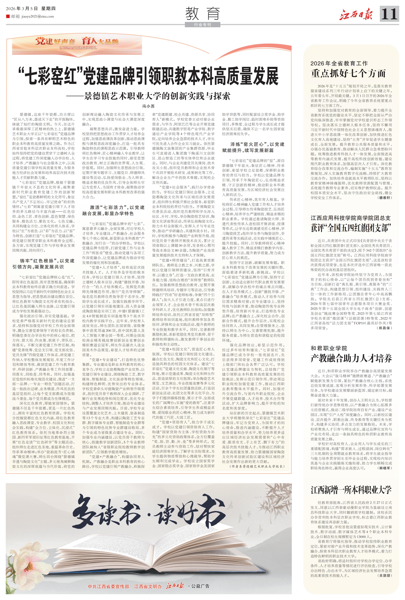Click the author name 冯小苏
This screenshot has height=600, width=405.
148,106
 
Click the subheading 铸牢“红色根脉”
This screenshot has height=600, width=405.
43,264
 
